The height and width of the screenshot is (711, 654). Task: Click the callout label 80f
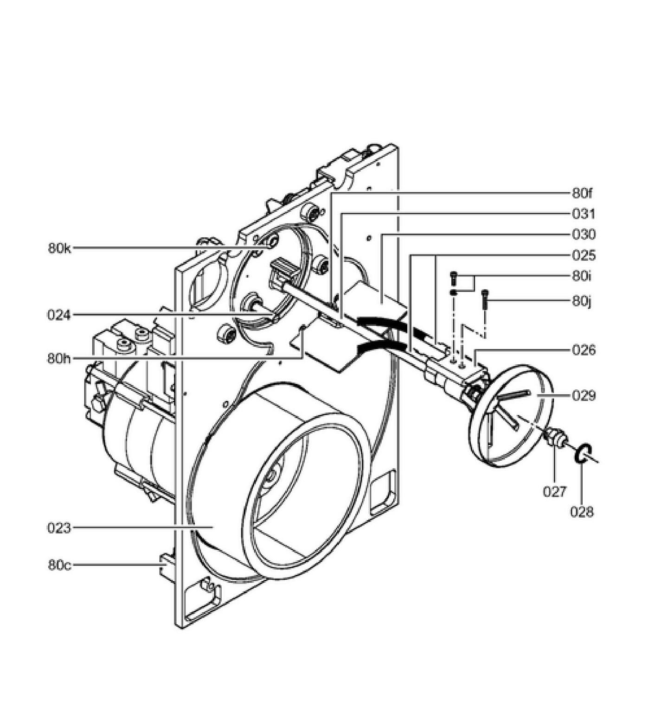(582, 194)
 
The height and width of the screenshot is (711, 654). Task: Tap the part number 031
(584, 214)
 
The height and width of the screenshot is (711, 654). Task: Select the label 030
(584, 235)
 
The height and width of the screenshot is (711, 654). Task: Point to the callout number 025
(584, 255)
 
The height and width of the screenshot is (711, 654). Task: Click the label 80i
(582, 276)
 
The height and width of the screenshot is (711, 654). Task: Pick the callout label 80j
(582, 302)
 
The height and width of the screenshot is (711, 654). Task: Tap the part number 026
(584, 350)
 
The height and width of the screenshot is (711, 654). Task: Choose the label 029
(584, 396)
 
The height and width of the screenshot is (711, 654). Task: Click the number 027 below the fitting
(555, 492)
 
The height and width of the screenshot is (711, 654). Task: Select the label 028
(582, 512)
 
